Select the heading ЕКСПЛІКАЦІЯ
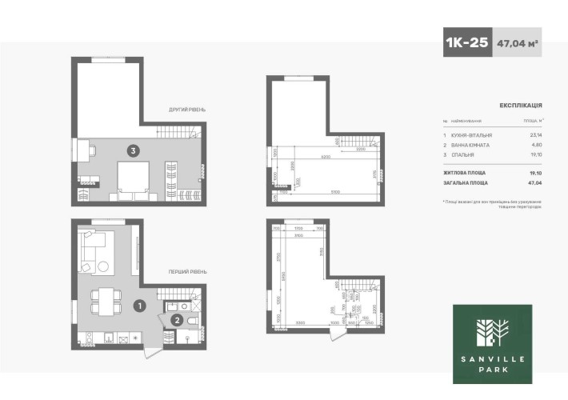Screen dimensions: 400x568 pyautogui.click(x=521, y=105)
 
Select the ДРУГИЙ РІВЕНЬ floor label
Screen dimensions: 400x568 pyautogui.click(x=187, y=109)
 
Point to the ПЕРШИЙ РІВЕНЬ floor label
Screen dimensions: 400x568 pyautogui.click(x=187, y=272)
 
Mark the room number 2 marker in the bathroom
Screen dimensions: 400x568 pyautogui.click(x=177, y=320)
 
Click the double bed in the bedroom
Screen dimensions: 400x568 pyautogui.click(x=133, y=178)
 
